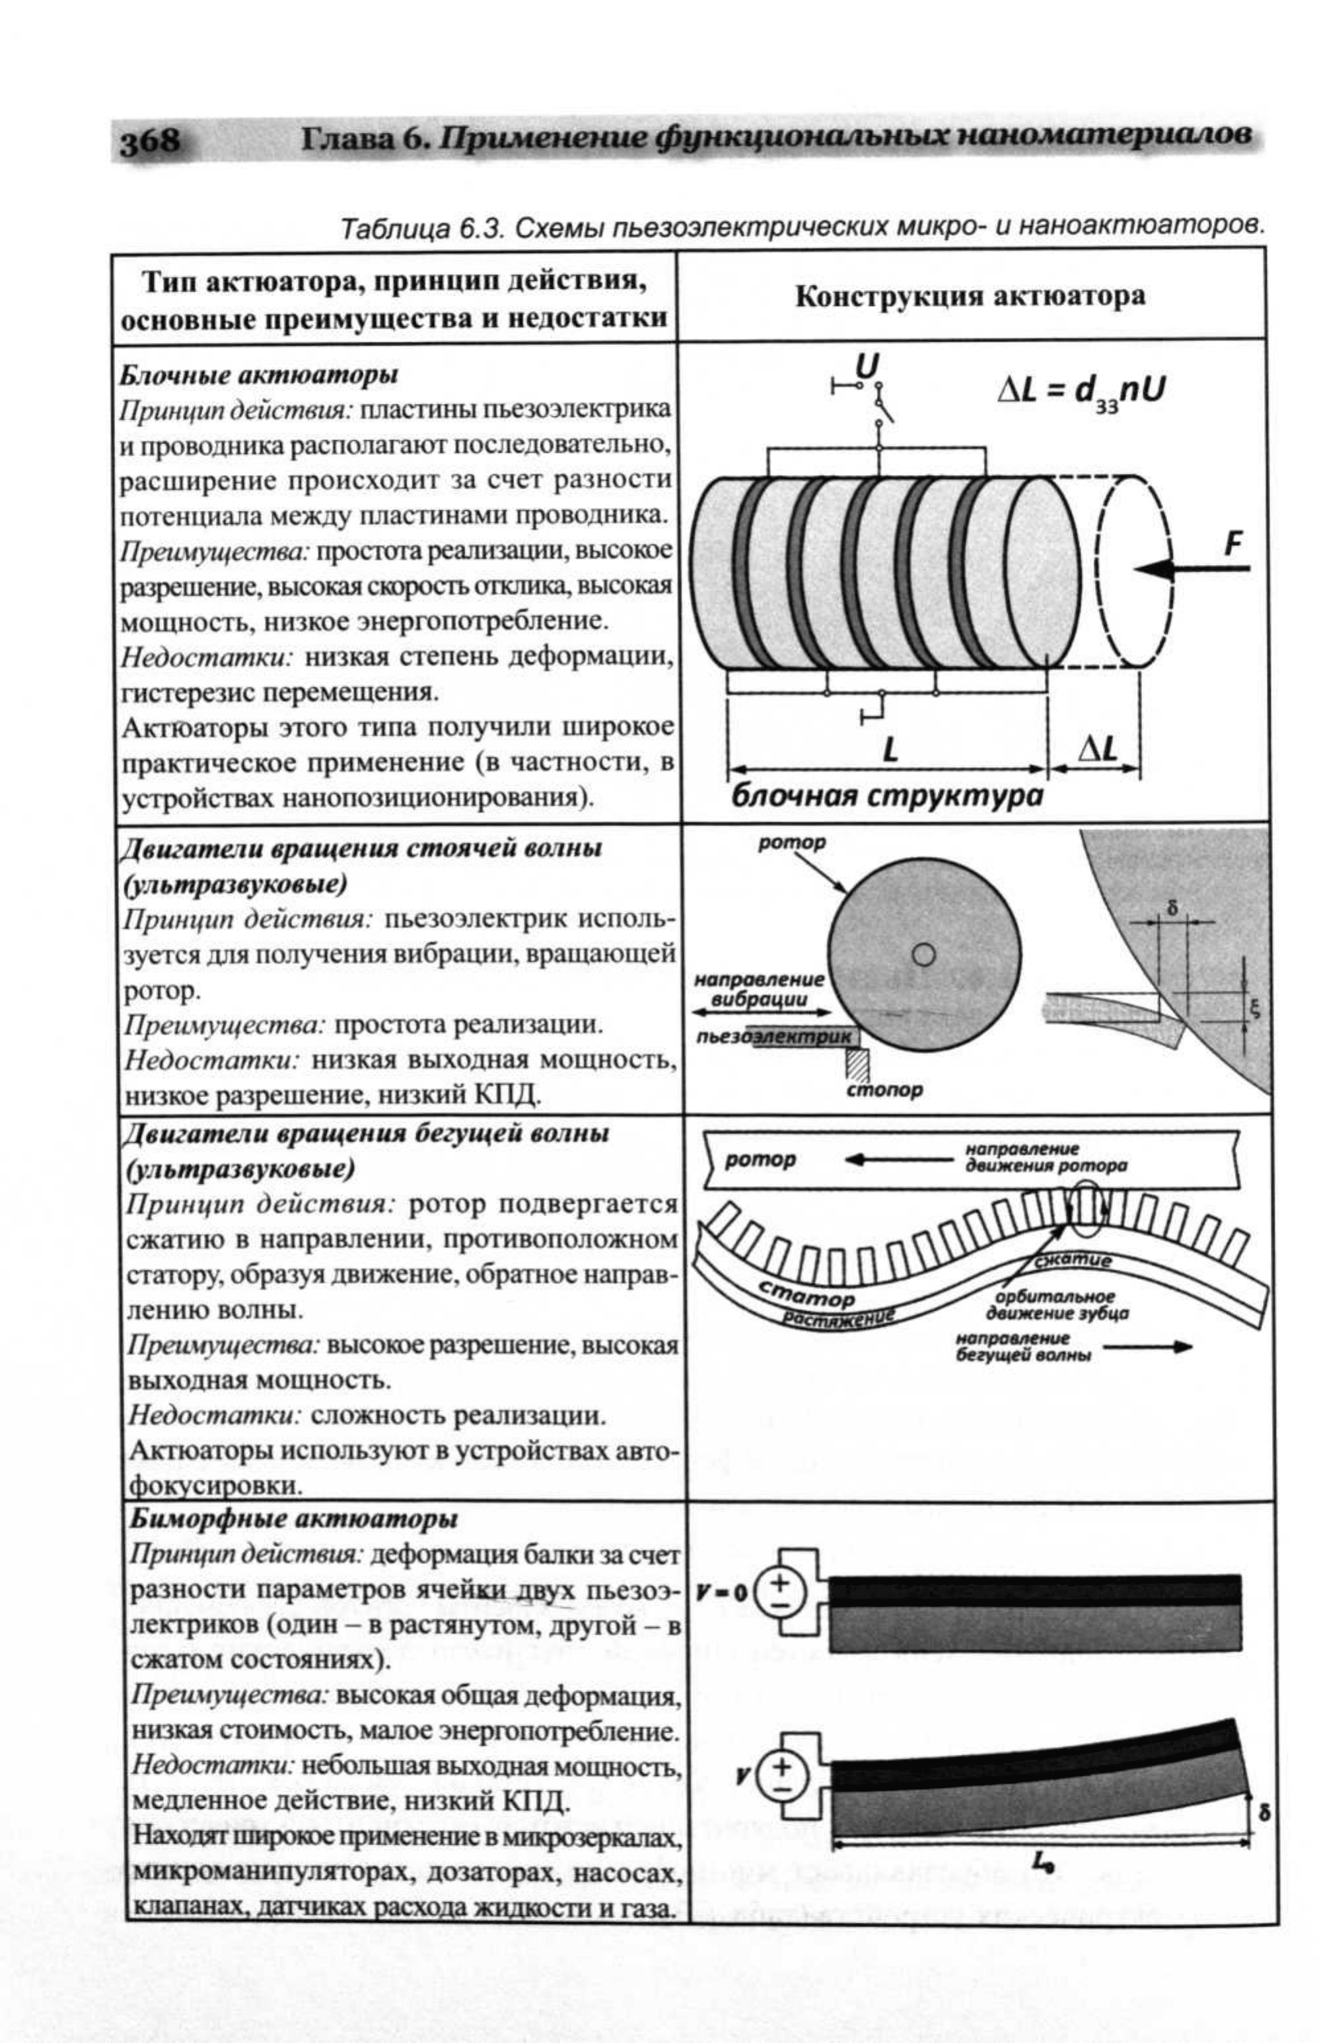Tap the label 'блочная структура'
[887, 796]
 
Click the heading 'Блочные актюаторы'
[258, 375]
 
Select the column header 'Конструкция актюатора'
[970, 296]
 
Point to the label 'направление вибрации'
[759, 988]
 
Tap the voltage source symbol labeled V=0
[780, 1592]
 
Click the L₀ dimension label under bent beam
[1042, 1861]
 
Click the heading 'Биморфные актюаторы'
[293, 1518]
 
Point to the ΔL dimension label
[1098, 749]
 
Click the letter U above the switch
[867, 367]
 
